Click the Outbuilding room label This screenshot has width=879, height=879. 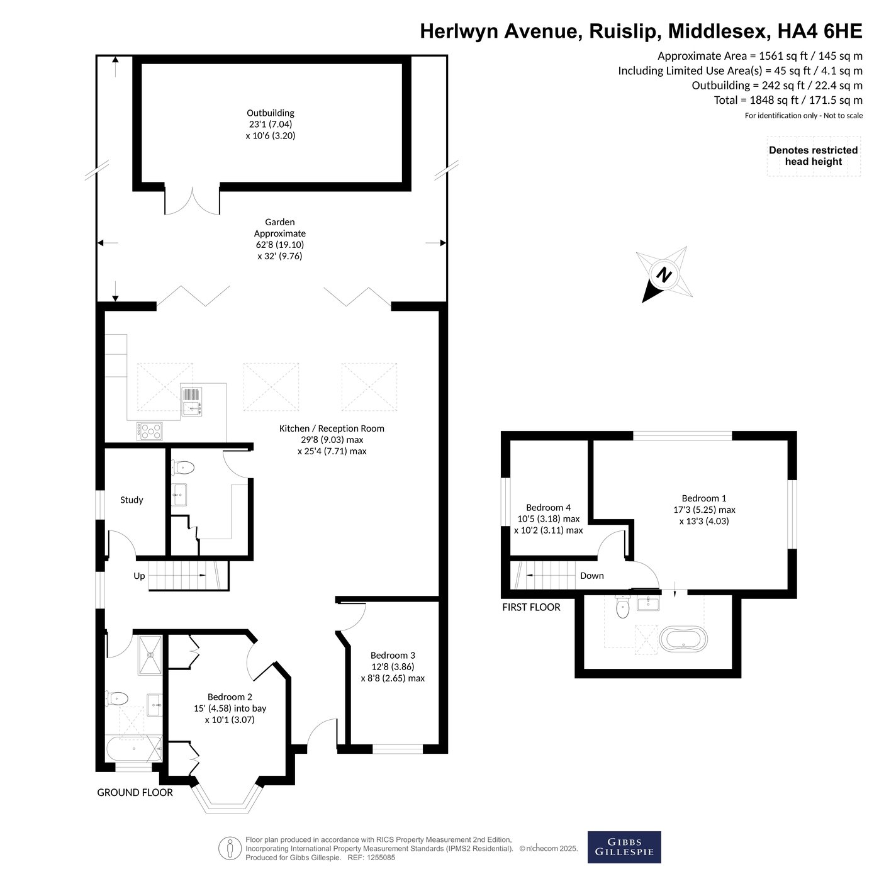point(271,113)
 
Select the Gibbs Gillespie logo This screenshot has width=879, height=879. point(624,847)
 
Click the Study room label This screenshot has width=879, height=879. point(132,500)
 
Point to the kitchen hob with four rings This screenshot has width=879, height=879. point(150,431)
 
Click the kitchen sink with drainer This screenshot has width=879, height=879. point(191,401)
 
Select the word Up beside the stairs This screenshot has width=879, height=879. point(139,576)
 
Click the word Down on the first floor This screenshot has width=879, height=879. point(591,576)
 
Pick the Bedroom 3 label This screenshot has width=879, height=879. point(393,656)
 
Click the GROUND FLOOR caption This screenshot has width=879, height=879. point(135,792)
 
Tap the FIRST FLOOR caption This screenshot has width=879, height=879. point(531,607)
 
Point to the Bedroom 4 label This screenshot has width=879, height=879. point(548,507)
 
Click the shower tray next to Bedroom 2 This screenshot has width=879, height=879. point(150,654)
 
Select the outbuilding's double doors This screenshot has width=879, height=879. point(192,201)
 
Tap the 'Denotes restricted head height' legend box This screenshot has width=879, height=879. point(814,156)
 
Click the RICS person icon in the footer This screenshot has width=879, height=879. point(230,849)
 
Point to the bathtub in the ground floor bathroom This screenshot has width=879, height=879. point(134,749)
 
